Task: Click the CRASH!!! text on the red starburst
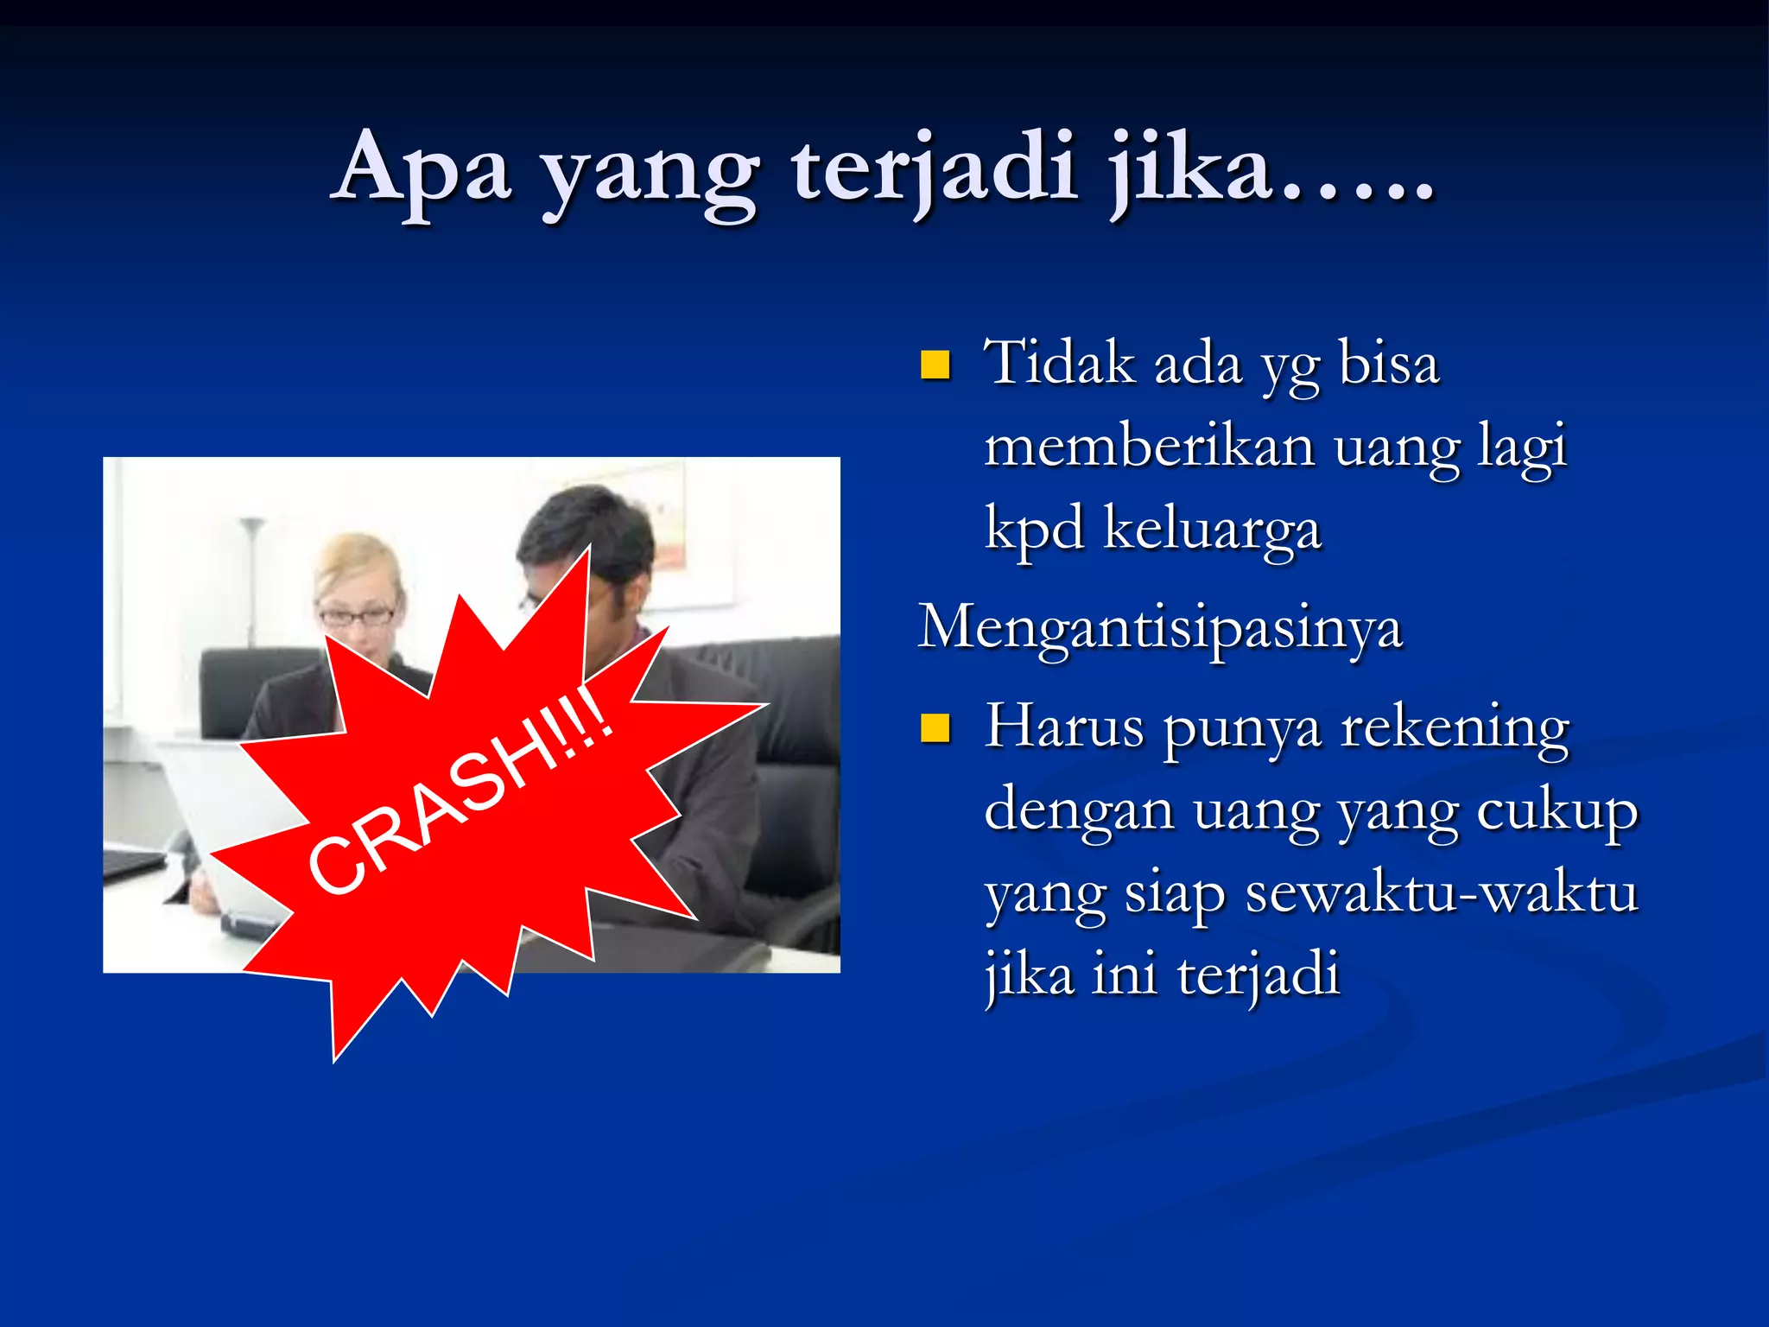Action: tap(461, 790)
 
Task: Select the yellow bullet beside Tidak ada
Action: tap(935, 365)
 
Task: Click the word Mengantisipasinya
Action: tap(1159, 628)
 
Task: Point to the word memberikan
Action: tap(1149, 448)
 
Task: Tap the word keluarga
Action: tap(1213, 530)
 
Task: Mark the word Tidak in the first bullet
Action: tap(1059, 363)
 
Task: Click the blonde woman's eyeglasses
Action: tap(357, 617)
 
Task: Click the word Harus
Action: tap(1064, 727)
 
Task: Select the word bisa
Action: tap(1389, 363)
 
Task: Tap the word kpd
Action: tap(1034, 530)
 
